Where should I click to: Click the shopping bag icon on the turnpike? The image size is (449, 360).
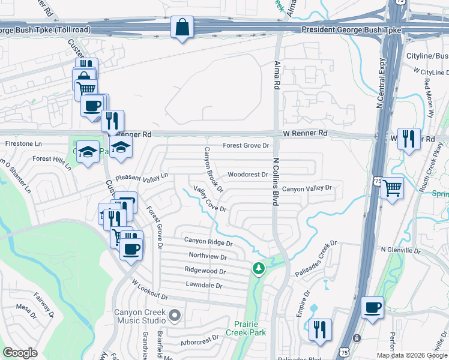(x=182, y=28)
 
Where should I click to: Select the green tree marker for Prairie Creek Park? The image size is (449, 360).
(x=259, y=268)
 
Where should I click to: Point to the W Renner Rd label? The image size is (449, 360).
(x=306, y=133)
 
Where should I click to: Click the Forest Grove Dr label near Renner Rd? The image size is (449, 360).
(x=246, y=145)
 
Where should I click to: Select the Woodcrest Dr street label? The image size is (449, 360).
(x=247, y=175)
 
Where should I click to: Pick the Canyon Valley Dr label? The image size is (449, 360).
(x=307, y=188)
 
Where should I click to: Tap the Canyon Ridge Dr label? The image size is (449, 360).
(x=208, y=242)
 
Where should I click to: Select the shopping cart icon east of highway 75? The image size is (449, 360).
(x=392, y=188)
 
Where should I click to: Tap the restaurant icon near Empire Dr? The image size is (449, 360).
(x=320, y=329)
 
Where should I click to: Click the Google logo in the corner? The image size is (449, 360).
(x=20, y=353)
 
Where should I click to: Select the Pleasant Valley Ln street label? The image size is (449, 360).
(x=142, y=177)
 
